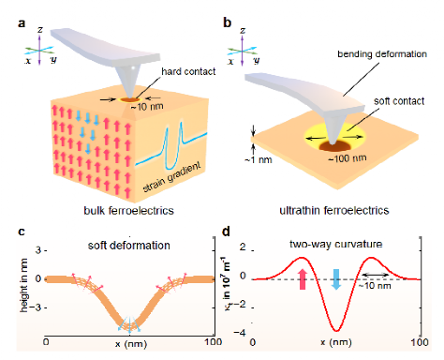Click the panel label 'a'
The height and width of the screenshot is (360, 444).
(22, 23)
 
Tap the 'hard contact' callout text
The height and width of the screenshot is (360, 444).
(188, 71)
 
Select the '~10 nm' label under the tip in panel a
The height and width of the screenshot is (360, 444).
(147, 107)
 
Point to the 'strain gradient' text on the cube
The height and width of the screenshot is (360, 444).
(171, 177)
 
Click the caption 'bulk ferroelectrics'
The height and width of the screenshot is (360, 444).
(128, 210)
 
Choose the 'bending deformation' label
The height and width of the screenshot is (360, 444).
(382, 54)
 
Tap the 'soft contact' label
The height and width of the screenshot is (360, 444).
(399, 101)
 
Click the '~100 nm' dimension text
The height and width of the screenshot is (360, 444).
(348, 158)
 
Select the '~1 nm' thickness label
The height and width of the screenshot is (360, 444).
(259, 160)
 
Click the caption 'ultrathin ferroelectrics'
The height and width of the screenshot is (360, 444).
(334, 210)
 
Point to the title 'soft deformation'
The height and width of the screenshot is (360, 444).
(129, 246)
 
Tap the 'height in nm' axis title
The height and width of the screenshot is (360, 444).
(23, 285)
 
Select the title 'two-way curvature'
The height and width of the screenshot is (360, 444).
(336, 244)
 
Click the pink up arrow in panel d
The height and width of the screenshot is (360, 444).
(303, 279)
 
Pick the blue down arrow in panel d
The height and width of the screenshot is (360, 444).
(336, 279)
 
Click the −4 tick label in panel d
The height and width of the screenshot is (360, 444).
(240, 333)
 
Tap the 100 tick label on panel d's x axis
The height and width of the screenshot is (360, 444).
(420, 342)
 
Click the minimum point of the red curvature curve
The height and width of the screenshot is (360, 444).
(336, 331)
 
